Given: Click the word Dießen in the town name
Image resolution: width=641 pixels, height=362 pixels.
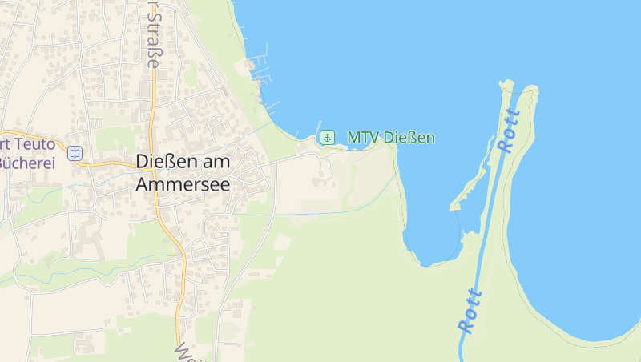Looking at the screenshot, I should tap(161, 162).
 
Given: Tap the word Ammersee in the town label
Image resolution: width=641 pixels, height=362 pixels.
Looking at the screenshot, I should tap(183, 184).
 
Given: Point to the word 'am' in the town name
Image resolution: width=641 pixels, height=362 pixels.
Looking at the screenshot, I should tap(212, 162).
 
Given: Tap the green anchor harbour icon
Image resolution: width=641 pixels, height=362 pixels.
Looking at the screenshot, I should tap(327, 138).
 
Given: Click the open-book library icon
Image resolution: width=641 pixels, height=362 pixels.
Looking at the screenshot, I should tap(75, 152).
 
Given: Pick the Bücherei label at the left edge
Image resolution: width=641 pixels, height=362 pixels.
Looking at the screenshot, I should tap(27, 163).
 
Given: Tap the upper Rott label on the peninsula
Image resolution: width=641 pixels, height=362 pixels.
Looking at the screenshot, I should tap(508, 131).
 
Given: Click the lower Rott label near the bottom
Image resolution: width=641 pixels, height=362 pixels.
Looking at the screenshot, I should tap(470, 312).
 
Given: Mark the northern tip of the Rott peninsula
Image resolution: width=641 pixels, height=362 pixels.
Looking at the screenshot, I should tap(506, 82).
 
